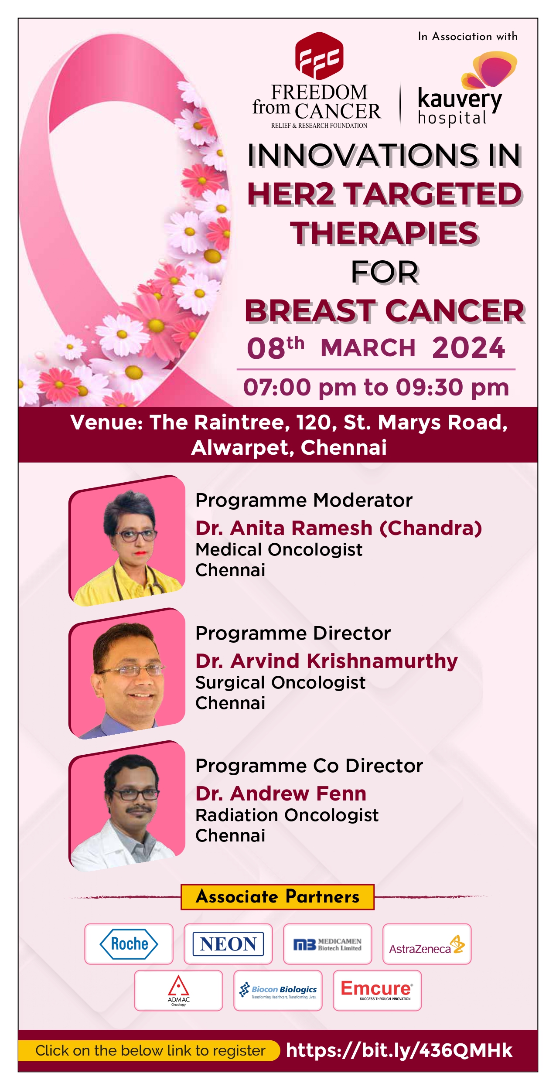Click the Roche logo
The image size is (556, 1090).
pyautogui.click(x=129, y=944)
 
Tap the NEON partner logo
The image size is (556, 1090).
pyautogui.click(x=228, y=944)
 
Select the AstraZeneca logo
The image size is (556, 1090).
pyautogui.click(x=427, y=945)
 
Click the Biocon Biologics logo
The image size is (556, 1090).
pyautogui.click(x=278, y=990)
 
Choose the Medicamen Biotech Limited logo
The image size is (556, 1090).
pyautogui.click(x=327, y=944)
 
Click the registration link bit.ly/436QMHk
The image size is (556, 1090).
pyautogui.click(x=399, y=1050)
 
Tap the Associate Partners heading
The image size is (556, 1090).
pyautogui.click(x=278, y=897)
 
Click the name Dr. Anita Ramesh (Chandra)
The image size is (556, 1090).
pyautogui.click(x=338, y=528)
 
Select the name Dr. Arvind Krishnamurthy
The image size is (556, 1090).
pyautogui.click(x=327, y=661)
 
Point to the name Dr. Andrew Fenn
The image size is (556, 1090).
pyautogui.click(x=281, y=794)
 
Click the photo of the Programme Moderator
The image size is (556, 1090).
pyautogui.click(x=127, y=541)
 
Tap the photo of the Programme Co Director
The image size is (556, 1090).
pyautogui.click(x=127, y=806)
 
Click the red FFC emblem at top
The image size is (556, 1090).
pyautogui.click(x=319, y=56)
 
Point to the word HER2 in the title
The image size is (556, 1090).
pyautogui.click(x=291, y=194)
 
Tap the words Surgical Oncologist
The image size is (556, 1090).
pyautogui.click(x=280, y=683)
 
